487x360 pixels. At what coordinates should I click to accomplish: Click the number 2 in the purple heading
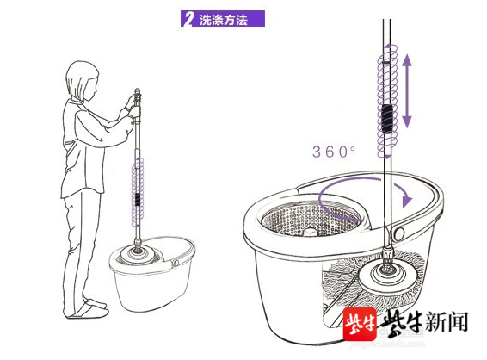tap(187, 19)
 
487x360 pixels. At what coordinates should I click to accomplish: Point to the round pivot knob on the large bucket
tap(399, 233)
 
